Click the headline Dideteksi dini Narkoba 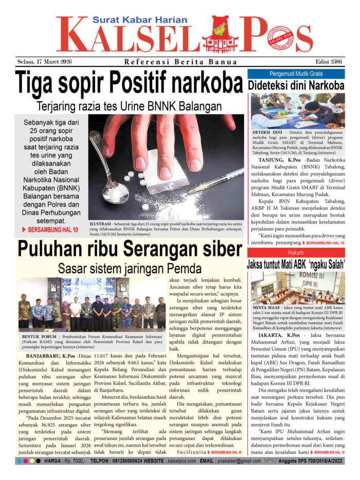(295, 85)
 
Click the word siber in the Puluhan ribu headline (215, 250)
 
